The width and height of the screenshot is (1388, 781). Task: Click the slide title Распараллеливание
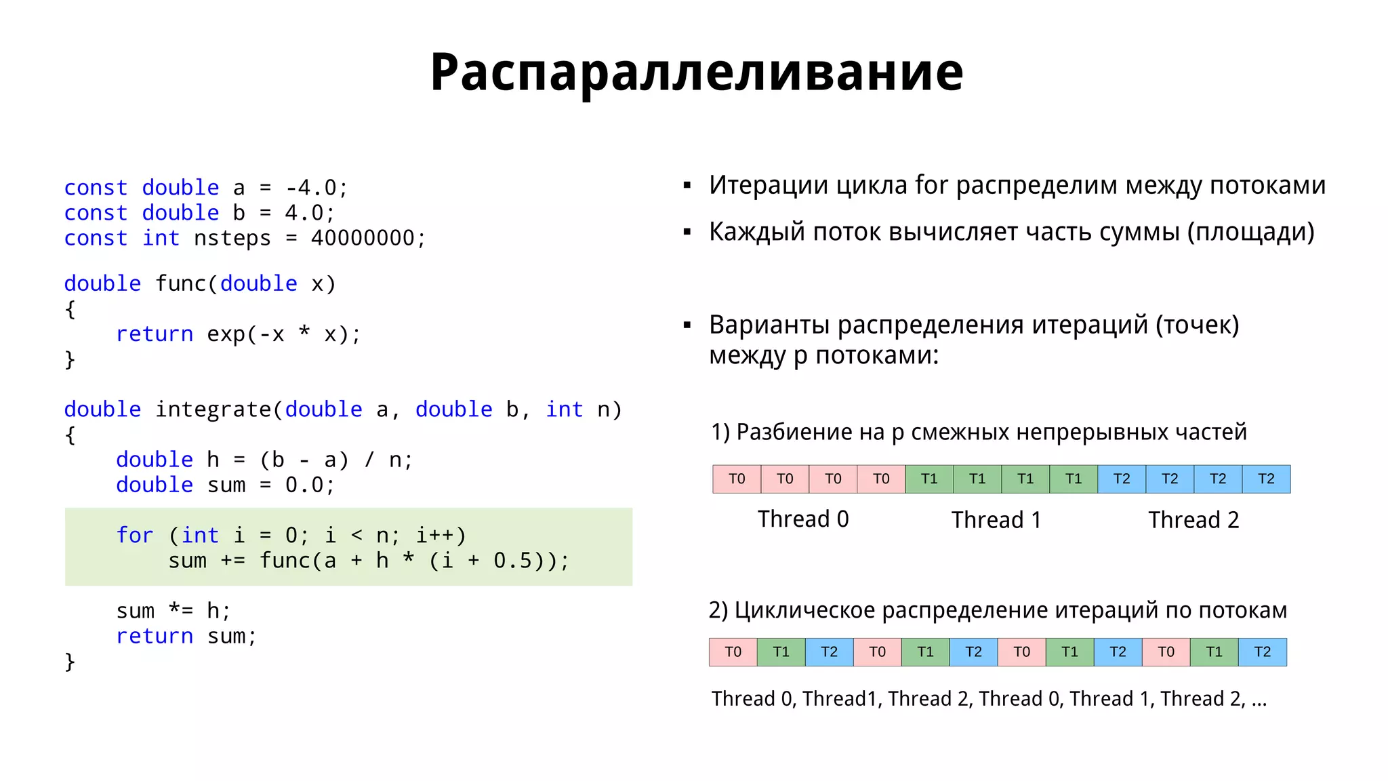click(696, 72)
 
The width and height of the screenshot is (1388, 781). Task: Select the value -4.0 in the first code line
click(310, 188)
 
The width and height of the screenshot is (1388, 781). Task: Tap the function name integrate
click(213, 409)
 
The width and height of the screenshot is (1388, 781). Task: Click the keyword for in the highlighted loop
click(134, 536)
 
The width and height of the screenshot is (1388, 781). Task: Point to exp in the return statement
click(226, 334)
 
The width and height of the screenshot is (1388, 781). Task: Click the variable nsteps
click(232, 239)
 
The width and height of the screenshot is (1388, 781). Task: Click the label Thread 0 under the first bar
click(803, 519)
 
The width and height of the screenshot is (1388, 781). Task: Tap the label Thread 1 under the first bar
click(996, 520)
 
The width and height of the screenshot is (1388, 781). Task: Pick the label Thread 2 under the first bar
click(1193, 520)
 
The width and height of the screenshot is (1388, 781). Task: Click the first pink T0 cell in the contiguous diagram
click(737, 479)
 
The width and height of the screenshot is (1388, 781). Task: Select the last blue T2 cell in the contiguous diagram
click(1265, 479)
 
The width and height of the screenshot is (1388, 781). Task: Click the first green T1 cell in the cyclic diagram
click(781, 652)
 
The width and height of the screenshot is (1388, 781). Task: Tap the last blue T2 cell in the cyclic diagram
click(1262, 652)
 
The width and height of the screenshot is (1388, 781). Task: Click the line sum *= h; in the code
click(173, 611)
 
